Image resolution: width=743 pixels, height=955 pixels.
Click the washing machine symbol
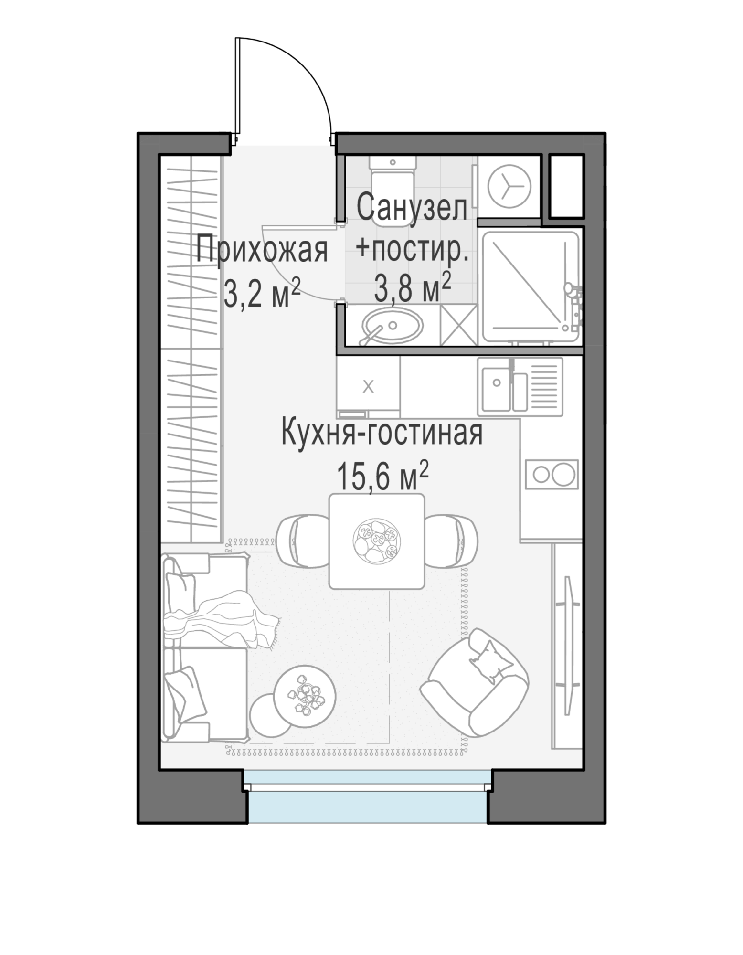click(509, 187)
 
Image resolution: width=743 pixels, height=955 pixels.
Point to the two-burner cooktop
click(552, 474)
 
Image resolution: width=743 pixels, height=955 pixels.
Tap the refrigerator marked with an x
click(368, 387)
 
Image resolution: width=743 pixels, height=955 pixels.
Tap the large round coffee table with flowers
click(305, 696)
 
